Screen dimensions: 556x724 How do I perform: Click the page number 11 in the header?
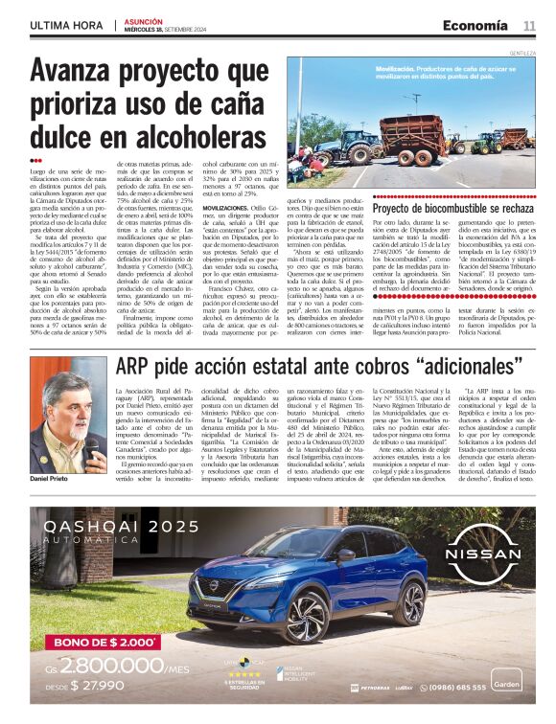[x=529, y=25]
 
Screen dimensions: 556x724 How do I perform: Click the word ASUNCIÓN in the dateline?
[x=144, y=20]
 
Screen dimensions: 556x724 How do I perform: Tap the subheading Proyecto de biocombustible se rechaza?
[x=452, y=208]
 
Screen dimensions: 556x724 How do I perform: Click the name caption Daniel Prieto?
[x=49, y=477]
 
